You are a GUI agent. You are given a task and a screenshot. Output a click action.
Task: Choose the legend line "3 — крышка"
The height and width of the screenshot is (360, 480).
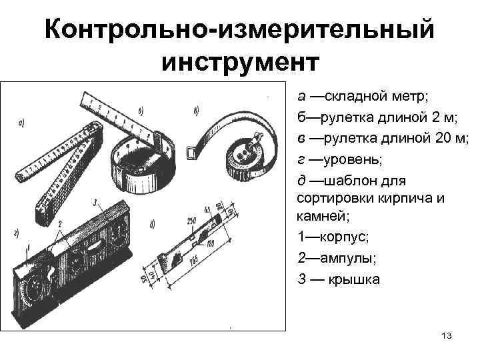(339, 279)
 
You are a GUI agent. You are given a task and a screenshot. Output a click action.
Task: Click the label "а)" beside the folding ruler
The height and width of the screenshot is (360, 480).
(22, 122)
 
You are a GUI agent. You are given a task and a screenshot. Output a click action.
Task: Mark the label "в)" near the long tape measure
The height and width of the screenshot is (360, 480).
(195, 111)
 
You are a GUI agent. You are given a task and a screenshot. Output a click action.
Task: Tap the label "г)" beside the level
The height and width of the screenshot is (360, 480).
(15, 232)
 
